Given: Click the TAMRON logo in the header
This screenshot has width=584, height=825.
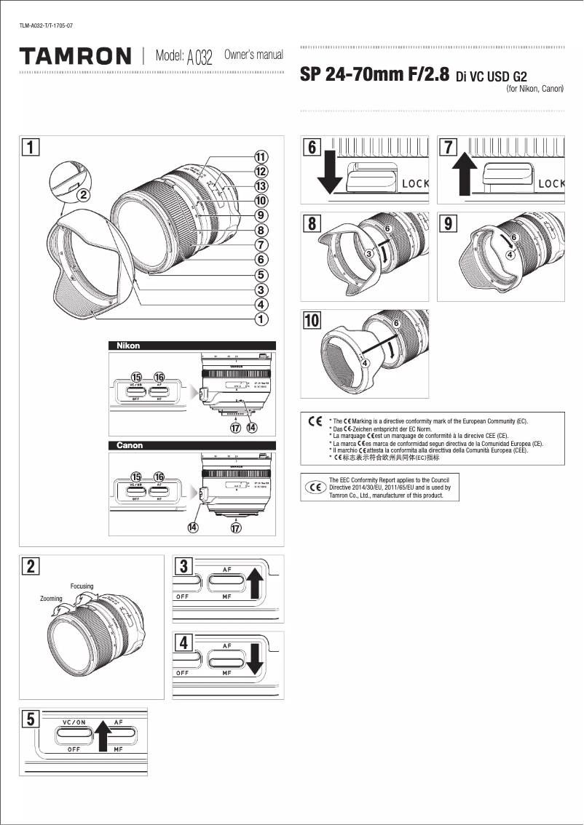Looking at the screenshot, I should click(x=76, y=56).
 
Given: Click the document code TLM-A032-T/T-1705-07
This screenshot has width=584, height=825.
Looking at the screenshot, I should click(x=46, y=26).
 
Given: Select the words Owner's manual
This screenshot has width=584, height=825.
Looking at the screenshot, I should click(x=253, y=55).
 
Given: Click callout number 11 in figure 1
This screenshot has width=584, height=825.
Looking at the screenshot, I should click(x=260, y=156).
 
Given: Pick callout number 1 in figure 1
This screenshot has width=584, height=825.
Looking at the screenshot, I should click(x=260, y=319).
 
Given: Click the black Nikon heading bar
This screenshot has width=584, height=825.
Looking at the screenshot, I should click(x=192, y=346).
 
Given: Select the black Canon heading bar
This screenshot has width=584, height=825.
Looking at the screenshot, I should click(x=192, y=445).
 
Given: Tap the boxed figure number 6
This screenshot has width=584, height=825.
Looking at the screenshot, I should click(x=312, y=147).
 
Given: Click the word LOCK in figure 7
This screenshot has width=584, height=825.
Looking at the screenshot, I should click(x=551, y=183).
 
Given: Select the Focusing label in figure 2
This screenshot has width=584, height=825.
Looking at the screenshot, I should click(x=82, y=586).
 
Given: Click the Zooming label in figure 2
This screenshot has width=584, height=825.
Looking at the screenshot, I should click(x=51, y=598).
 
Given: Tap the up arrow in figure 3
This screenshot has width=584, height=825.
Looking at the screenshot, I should click(x=255, y=583).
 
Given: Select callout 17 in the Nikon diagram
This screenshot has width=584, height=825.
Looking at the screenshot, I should click(x=236, y=428).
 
